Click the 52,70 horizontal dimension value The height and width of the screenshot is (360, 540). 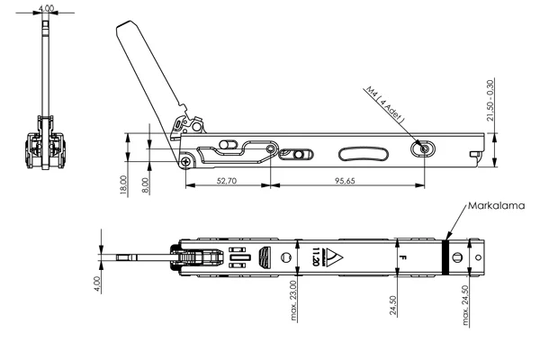(x=227, y=181)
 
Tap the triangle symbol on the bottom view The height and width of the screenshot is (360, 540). (x=333, y=259)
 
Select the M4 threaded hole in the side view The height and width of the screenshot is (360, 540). (x=418, y=148)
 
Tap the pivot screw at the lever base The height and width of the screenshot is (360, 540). (x=185, y=161)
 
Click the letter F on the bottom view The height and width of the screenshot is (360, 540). (x=401, y=258)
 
